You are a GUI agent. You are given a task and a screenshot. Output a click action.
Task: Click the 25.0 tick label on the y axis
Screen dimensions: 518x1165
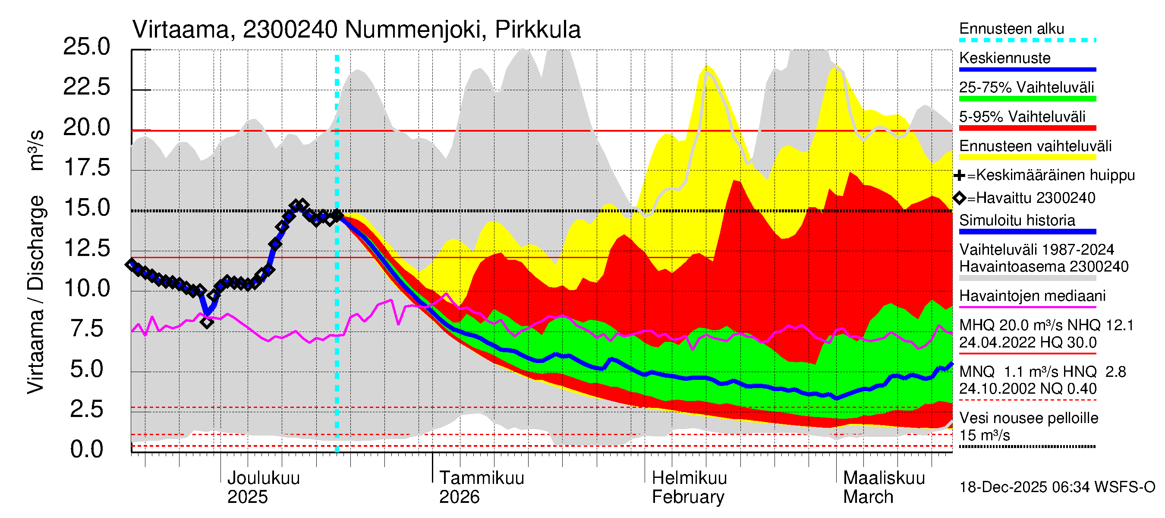(86, 47)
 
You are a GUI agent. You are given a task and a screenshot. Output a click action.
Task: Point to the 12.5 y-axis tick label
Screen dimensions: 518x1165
(86, 248)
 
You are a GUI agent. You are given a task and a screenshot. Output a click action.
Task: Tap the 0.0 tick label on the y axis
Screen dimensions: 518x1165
(86, 449)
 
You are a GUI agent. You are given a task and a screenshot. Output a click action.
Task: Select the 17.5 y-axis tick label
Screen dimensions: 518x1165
(86, 167)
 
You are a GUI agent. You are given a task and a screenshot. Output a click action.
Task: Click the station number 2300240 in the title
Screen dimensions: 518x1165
(290, 30)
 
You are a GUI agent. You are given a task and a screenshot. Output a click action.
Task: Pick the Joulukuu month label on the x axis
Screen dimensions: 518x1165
(263, 478)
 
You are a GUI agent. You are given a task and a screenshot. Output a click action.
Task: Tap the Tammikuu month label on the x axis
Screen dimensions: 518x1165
(482, 478)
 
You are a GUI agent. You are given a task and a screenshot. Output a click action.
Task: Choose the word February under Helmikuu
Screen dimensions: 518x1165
(687, 497)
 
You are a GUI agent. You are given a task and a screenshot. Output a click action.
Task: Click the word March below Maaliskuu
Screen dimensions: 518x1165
(868, 497)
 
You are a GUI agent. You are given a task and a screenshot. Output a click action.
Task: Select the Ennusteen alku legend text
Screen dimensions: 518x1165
(1012, 28)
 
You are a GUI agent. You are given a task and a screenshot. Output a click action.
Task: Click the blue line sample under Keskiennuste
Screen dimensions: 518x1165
(1027, 69)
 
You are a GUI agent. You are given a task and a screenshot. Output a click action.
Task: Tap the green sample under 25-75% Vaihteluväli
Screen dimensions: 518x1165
(1027, 98)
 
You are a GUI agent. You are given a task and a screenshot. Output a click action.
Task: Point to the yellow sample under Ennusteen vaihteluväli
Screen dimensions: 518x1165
(1027, 158)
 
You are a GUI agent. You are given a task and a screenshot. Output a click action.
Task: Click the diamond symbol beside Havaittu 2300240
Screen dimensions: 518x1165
(959, 198)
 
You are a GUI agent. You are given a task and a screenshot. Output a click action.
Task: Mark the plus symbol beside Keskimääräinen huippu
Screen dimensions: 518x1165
(959, 175)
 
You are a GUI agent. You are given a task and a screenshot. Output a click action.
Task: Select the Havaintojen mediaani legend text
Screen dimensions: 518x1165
(1032, 296)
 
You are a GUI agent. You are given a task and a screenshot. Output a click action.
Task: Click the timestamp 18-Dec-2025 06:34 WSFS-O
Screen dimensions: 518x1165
(1057, 487)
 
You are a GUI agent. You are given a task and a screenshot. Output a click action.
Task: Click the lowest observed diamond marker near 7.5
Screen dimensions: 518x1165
(207, 322)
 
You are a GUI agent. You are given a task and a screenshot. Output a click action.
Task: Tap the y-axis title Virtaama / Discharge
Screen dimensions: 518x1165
(35, 294)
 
